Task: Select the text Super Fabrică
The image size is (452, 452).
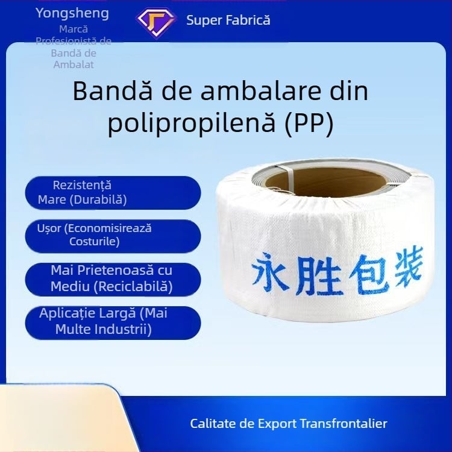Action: [x=228, y=20]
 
